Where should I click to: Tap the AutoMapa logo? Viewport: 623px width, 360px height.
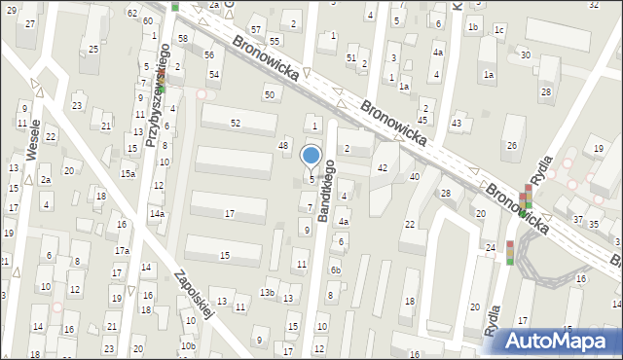pyautogui.click(x=562, y=341)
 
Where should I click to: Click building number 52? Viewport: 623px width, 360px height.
pyautogui.click(x=236, y=123)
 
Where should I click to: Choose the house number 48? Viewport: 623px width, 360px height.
pyautogui.click(x=284, y=145)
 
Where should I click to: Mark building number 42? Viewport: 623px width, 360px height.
pyautogui.click(x=383, y=168)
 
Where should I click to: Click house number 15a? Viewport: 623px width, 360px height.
pyautogui.click(x=128, y=173)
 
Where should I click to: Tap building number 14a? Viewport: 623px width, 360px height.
pyautogui.click(x=157, y=213)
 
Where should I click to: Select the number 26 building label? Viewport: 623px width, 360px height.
pyautogui.click(x=511, y=146)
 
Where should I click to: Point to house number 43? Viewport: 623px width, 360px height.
pyautogui.click(x=457, y=124)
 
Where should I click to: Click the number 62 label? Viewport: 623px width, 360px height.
pyautogui.click(x=131, y=13)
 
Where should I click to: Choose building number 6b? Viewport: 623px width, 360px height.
pyautogui.click(x=336, y=270)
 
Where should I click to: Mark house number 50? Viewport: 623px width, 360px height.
pyautogui.click(x=269, y=93)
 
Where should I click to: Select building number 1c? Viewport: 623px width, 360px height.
pyautogui.click(x=499, y=29)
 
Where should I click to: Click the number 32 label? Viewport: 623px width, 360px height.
pyautogui.click(x=594, y=5)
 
